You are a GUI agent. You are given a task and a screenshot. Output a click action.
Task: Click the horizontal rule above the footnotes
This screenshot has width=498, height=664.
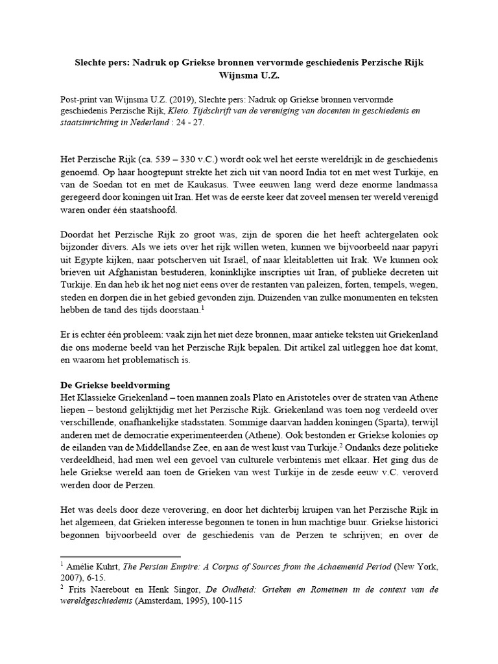[x=120, y=556]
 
